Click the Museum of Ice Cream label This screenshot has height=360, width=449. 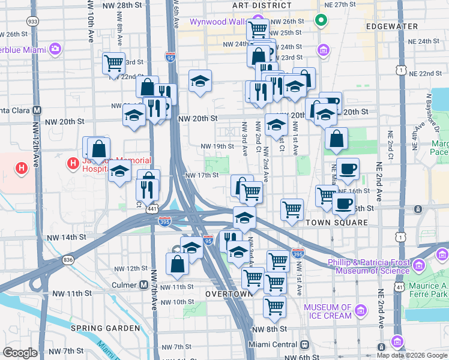tap(328, 311)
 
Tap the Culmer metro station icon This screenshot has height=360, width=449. tap(143, 284)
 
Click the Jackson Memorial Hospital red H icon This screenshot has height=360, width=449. tap(74, 163)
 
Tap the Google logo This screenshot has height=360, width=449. tap(20, 353)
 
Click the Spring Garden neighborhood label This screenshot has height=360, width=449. tap(105, 328)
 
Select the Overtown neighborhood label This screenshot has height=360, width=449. tap(227, 295)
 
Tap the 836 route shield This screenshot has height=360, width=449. tap(66, 259)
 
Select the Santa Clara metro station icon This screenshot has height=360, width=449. tap(37, 110)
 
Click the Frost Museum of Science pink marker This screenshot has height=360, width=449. tap(418, 264)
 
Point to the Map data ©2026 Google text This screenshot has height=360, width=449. tap(411, 355)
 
